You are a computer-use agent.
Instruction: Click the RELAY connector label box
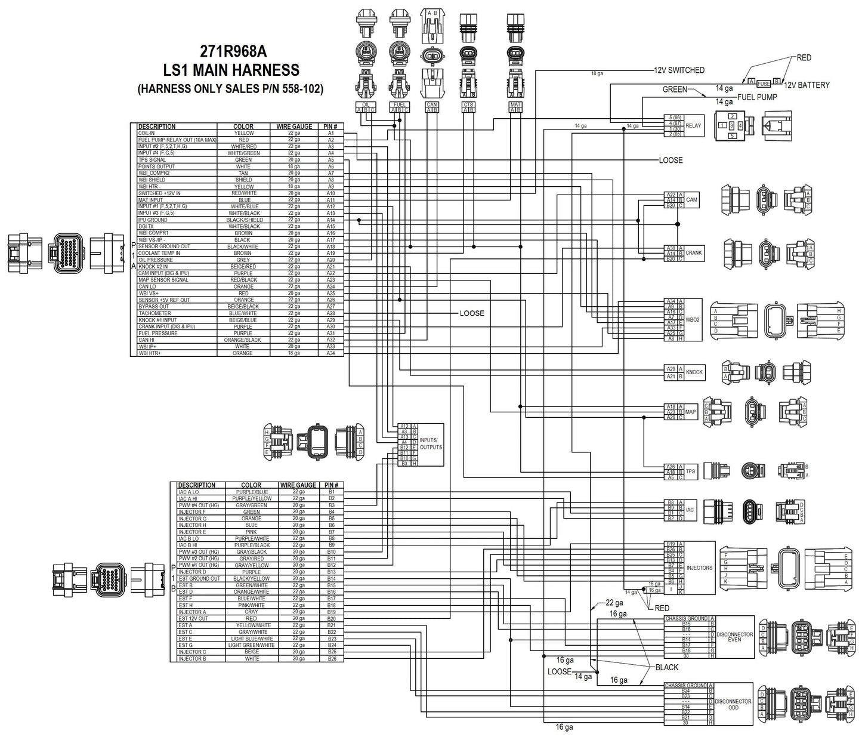click(693, 126)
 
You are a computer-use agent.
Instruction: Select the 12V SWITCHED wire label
click(679, 70)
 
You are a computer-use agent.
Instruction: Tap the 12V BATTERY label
click(807, 85)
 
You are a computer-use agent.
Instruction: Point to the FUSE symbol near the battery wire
click(764, 84)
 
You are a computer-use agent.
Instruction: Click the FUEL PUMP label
click(757, 97)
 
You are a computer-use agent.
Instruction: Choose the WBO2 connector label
click(693, 320)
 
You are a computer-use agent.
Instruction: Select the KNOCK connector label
click(694, 372)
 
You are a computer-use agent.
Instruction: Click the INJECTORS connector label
click(699, 568)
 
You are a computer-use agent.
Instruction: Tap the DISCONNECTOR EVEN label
click(734, 637)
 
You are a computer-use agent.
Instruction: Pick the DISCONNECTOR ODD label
click(733, 704)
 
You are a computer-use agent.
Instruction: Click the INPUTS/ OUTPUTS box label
click(431, 443)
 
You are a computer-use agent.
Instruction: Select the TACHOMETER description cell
click(155, 313)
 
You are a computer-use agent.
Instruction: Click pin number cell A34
click(330, 353)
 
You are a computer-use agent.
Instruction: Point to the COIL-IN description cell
click(147, 133)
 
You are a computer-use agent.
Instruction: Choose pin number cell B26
click(332, 659)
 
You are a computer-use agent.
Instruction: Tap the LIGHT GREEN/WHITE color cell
click(251, 645)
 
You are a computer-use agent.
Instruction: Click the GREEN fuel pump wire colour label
click(675, 90)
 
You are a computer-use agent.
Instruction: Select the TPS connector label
click(690, 471)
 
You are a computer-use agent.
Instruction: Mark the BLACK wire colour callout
click(666, 667)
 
